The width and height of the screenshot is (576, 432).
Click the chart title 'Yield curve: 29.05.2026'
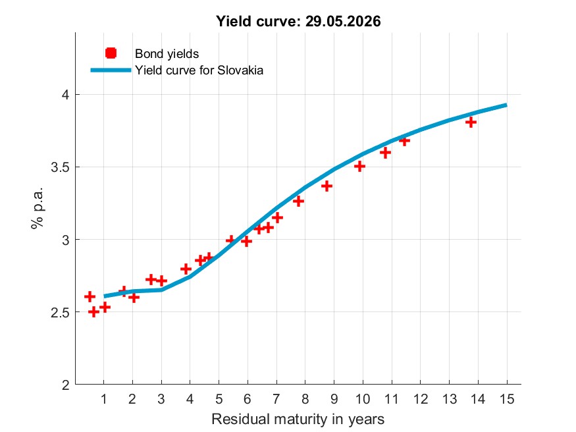298,21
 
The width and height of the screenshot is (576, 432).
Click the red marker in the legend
111,53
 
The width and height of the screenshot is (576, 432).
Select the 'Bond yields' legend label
167,54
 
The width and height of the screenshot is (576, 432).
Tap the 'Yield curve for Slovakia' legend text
199,70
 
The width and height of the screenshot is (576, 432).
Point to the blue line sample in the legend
111,70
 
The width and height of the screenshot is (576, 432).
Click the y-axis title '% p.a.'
37,208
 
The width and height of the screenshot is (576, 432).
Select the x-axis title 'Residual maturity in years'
298,419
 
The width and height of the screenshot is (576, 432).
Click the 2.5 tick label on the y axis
61,313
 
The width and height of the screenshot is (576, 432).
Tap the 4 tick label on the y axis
66,95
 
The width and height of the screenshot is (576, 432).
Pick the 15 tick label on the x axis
507,399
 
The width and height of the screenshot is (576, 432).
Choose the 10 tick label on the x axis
363,399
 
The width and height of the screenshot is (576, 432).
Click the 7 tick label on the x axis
276,399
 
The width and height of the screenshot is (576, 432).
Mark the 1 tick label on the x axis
103,399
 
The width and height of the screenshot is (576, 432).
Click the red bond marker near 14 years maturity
471,122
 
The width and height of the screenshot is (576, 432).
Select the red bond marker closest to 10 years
359,167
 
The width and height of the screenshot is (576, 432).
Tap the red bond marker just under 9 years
327,186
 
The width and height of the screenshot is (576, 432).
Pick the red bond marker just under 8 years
298,201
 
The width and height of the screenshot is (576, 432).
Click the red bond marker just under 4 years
186,269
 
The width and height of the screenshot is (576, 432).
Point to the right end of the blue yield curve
507,105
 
